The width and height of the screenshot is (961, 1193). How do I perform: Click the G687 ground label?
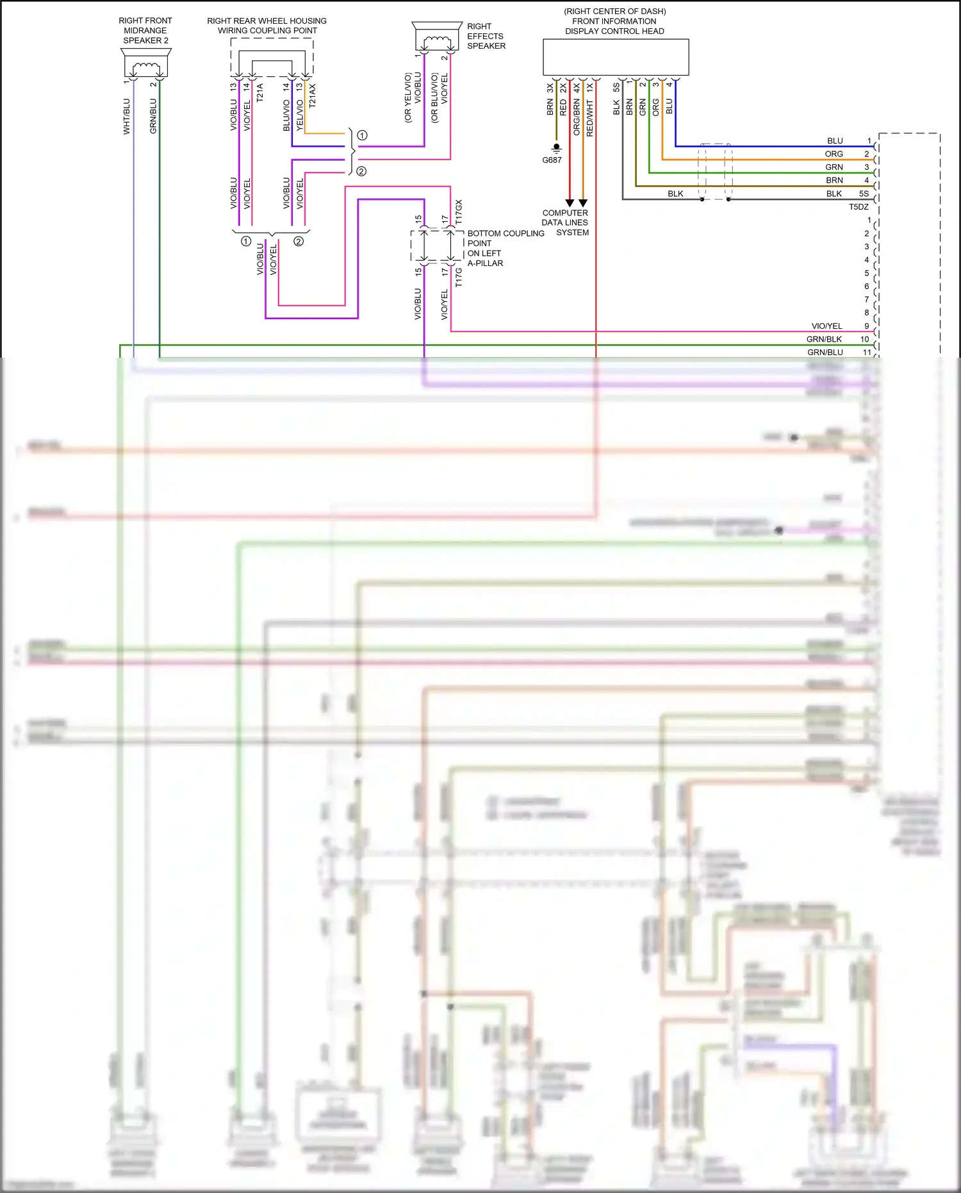552,160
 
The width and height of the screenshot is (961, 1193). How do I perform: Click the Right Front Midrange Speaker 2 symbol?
145,64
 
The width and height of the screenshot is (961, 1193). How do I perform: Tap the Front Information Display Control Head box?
616,57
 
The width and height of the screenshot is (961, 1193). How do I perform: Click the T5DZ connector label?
858,207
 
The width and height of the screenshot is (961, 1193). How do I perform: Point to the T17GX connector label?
459,212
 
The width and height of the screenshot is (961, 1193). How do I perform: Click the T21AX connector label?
313,95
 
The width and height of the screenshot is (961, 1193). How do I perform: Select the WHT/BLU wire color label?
126,117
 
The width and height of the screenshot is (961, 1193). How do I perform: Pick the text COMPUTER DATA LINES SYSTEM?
565,222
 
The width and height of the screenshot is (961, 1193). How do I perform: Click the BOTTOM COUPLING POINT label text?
505,238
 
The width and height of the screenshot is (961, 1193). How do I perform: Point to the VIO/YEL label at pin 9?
826,326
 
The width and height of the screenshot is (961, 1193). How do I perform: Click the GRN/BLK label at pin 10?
824,340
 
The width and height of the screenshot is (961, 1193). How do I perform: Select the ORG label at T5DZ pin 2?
834,154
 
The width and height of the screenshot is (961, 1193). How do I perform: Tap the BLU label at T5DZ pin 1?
835,141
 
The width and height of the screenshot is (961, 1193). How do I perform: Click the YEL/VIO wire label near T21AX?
300,116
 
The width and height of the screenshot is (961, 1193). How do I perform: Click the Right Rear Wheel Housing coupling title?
267,26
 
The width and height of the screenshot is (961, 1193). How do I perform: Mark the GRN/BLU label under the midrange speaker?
153,117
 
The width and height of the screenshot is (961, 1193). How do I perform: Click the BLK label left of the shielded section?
675,194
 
